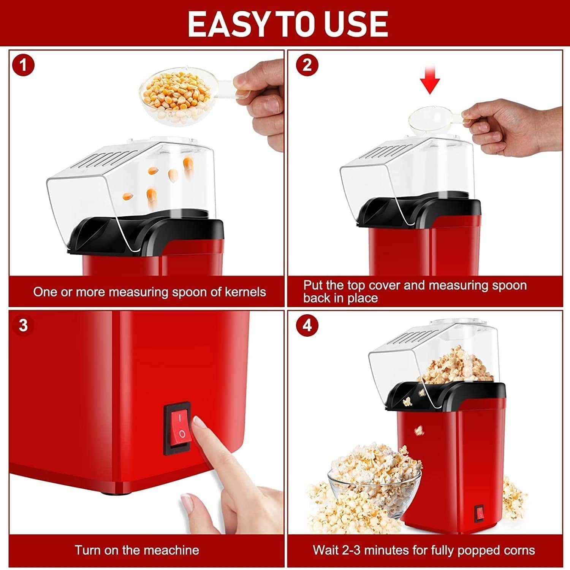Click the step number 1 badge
pos(24,65)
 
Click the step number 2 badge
pos(307,65)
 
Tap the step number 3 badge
pos(24,325)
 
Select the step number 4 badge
pos(307,325)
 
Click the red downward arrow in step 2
pos(430,80)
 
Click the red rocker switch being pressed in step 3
pos(177,428)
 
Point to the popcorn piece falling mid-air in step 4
pos(419,430)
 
